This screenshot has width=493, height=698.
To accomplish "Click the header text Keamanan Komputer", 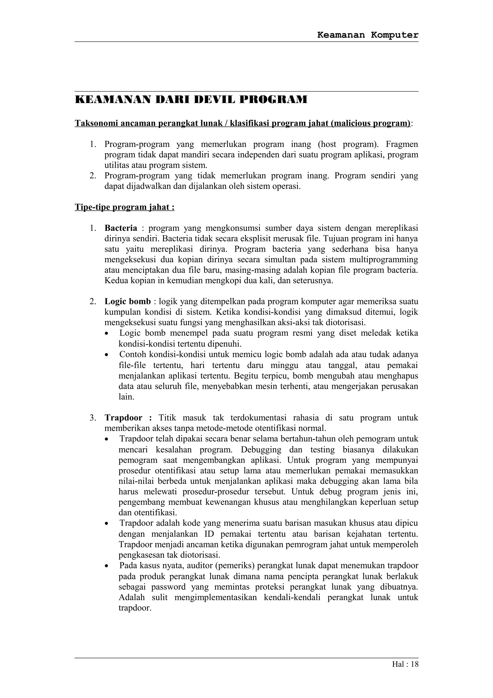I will pos(368,35).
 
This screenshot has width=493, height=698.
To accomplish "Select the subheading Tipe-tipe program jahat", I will pos(124,207).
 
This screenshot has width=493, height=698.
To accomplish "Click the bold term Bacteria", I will pos(121,228).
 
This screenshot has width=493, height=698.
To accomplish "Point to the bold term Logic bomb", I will pos(128,301).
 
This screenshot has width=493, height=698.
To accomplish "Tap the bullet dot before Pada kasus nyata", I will pos(106,566).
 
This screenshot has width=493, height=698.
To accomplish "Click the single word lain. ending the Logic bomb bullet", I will pos(126,397).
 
